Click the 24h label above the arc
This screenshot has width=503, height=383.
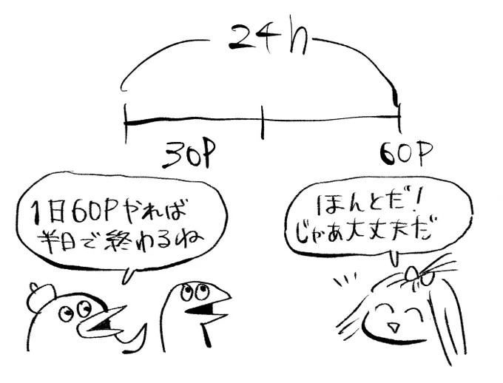click(267, 40)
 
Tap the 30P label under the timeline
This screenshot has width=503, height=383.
click(188, 155)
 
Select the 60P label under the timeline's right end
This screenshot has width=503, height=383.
click(406, 153)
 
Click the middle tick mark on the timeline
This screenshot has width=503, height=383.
click(263, 123)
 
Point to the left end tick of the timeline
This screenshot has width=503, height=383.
click(126, 123)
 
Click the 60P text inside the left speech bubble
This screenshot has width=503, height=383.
click(92, 211)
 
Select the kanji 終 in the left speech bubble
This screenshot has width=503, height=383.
click(121, 240)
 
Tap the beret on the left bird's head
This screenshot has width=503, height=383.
click(41, 294)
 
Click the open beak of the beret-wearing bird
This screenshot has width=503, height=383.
click(104, 324)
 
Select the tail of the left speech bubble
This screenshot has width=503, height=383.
click(128, 274)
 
